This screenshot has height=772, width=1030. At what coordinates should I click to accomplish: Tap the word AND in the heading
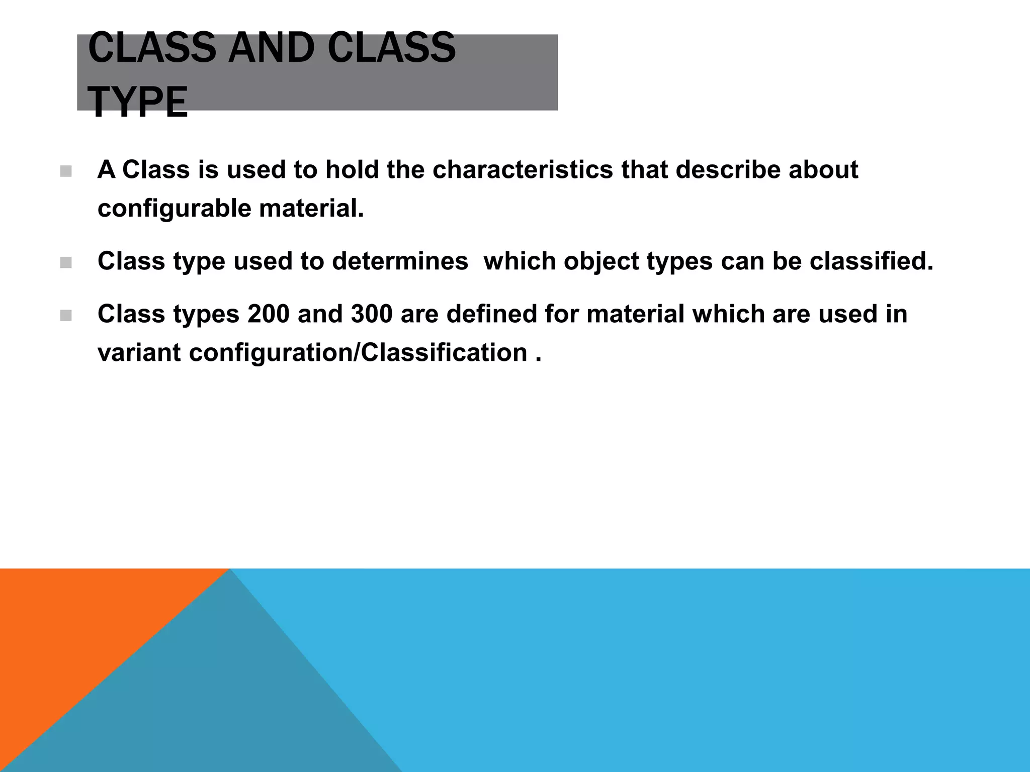271,48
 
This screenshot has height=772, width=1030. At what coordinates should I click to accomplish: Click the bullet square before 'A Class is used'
65,172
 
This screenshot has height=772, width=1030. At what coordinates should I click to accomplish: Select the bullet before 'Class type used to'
65,263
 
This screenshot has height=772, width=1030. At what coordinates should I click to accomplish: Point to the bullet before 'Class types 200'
65,316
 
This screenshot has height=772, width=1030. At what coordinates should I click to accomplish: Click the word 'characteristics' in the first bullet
523,170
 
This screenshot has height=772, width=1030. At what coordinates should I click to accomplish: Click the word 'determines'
400,261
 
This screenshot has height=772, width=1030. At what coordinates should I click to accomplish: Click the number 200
269,314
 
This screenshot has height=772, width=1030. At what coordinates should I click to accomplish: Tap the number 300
372,314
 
